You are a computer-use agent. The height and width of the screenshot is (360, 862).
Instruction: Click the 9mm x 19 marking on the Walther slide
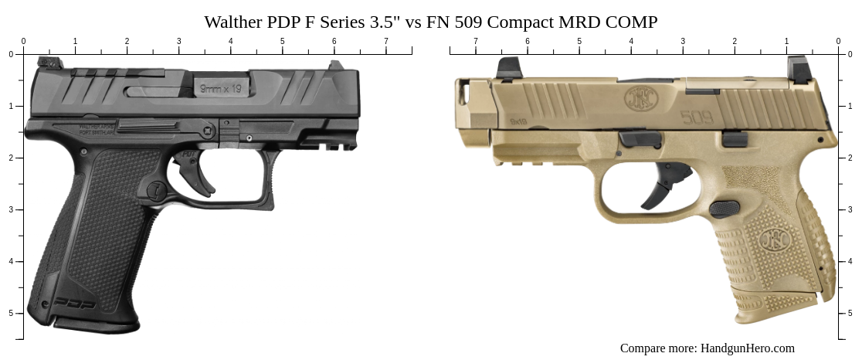pos(221,89)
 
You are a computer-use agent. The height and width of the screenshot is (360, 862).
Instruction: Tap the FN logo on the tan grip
pos(773,240)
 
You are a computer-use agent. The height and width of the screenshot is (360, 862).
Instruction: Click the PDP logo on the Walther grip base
pos(76,304)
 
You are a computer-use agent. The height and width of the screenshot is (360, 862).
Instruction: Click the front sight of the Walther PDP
pos(335,66)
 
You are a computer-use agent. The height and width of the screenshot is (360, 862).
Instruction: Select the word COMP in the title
pos(633,22)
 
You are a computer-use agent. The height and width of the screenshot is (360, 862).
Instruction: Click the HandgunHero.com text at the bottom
pos(747,348)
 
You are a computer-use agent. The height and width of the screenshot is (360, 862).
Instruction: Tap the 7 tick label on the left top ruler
pos(386,41)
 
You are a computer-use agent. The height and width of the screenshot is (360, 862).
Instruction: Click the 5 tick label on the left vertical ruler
pos(11,313)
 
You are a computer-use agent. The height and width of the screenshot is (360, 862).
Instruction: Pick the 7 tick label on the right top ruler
pos(476,41)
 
